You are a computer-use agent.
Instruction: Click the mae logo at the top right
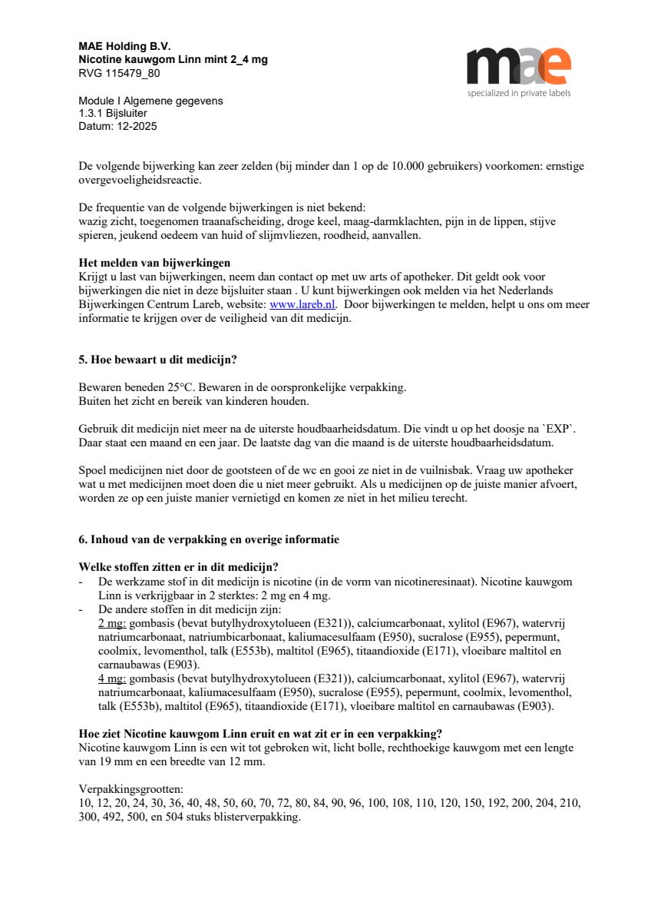click(518, 66)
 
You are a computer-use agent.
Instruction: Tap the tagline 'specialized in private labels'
click(519, 93)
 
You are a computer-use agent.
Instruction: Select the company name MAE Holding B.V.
click(124, 46)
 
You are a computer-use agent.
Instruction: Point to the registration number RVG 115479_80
click(119, 74)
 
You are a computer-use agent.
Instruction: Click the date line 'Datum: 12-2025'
click(117, 126)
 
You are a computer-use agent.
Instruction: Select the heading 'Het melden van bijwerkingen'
click(154, 264)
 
